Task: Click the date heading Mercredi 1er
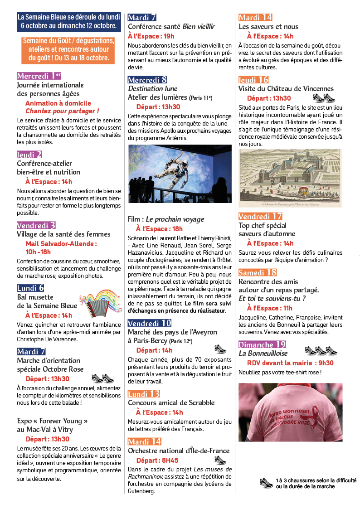click(39, 76)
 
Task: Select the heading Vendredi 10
click(149, 323)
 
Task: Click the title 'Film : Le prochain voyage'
click(166, 219)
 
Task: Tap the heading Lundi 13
click(144, 393)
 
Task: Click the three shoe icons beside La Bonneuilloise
click(321, 350)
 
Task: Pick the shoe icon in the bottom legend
click(267, 483)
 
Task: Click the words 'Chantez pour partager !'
click(62, 111)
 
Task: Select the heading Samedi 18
click(258, 272)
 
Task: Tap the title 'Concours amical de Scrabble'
click(171, 402)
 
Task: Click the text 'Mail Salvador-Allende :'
click(61, 243)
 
